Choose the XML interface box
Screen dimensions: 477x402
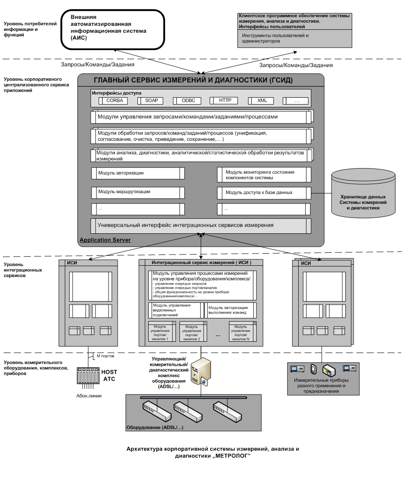click(262, 101)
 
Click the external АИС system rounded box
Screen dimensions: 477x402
click(113, 29)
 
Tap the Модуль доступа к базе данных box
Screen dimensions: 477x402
click(264, 192)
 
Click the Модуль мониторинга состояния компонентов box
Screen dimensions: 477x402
click(264, 175)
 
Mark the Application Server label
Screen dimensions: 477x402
click(105, 239)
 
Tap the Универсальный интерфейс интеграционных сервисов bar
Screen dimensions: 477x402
click(201, 225)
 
